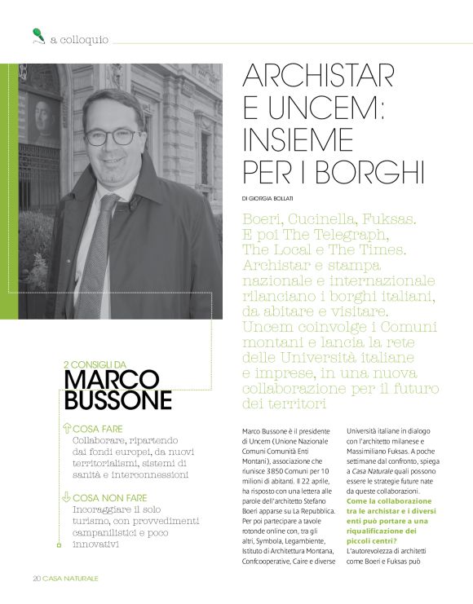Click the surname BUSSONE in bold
pyautogui.click(x=117, y=400)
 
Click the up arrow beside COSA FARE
pyautogui.click(x=66, y=428)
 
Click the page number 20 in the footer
pyautogui.click(x=37, y=578)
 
